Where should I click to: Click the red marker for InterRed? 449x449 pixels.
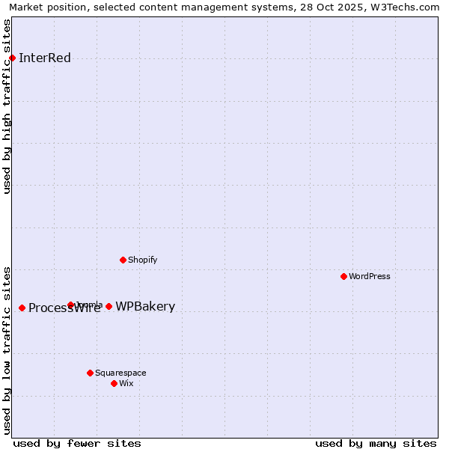(12, 58)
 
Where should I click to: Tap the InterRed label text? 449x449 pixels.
(45, 58)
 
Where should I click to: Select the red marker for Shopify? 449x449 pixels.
(123, 260)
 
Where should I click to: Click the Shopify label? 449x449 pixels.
(142, 260)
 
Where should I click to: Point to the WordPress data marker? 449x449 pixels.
(343, 276)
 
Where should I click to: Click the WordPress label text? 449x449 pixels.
(370, 277)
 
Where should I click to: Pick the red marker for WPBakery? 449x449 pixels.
(109, 306)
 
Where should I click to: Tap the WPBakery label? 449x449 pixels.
(145, 307)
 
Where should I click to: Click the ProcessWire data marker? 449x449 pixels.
(22, 308)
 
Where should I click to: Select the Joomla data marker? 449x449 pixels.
(70, 305)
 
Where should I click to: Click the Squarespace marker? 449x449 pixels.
(90, 373)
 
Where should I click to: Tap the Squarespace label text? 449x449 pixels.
(120, 373)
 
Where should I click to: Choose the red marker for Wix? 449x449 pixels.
(114, 383)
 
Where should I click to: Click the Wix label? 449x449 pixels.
(126, 384)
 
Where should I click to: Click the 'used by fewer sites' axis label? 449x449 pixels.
(77, 444)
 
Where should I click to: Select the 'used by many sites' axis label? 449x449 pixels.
(376, 444)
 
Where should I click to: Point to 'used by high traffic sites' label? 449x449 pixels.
(7, 106)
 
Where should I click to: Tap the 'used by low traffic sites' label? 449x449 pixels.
(7, 350)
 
